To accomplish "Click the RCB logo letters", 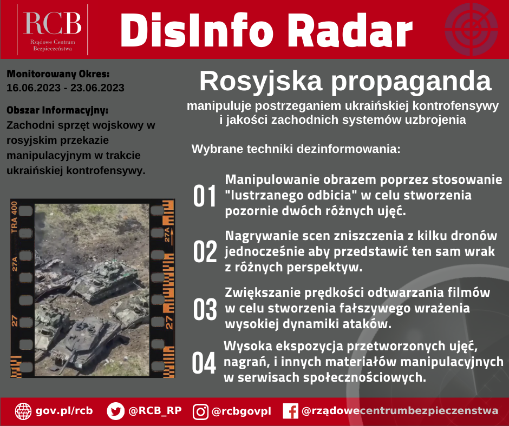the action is coord(53,23).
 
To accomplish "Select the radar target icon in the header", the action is coord(471,29).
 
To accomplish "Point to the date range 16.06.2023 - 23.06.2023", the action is coord(65,88).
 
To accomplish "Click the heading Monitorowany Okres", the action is coord(58,74).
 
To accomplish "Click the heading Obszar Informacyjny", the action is coord(57,110).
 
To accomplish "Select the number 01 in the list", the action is coord(205,196).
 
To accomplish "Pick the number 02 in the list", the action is coord(205,251).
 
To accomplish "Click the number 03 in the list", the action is coord(205,309).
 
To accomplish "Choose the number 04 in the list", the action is coord(204,363).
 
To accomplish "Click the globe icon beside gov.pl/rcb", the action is coord(23,411).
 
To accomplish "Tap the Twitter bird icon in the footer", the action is coord(115,411).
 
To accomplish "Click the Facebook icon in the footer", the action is coord(291,411).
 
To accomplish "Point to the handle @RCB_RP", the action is coord(155,411).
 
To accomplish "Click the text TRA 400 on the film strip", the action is coord(14,217).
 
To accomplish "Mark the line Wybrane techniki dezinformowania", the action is coord(296,149).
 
